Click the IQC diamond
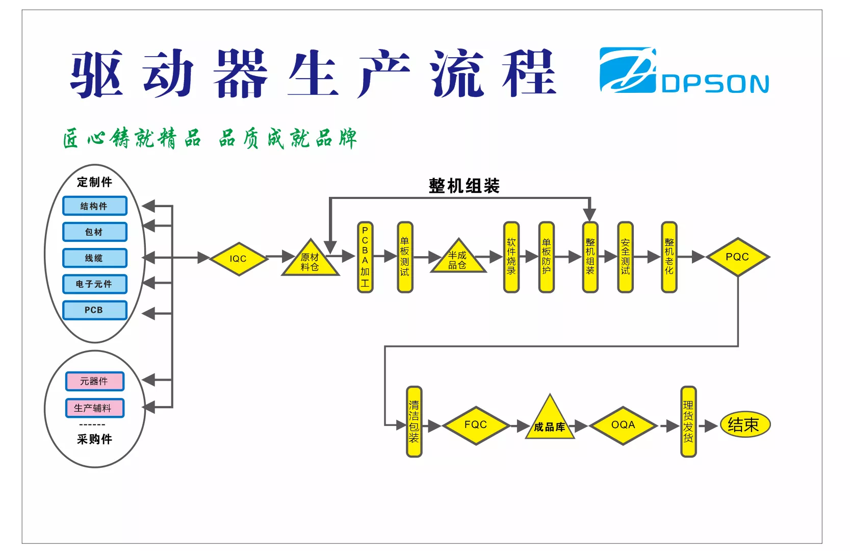(239, 259)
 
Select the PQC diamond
(737, 257)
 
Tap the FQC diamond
(476, 425)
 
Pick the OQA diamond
(623, 425)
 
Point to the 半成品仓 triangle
(458, 258)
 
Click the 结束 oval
(745, 424)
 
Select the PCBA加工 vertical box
(365, 257)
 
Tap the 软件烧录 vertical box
(511, 257)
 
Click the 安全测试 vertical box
(625, 257)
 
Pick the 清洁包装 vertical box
(414, 421)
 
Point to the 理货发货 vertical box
(688, 421)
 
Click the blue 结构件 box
(94, 206)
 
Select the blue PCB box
(94, 310)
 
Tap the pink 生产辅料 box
(94, 408)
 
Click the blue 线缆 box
(94, 258)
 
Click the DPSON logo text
(715, 84)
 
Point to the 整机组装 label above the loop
(464, 186)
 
